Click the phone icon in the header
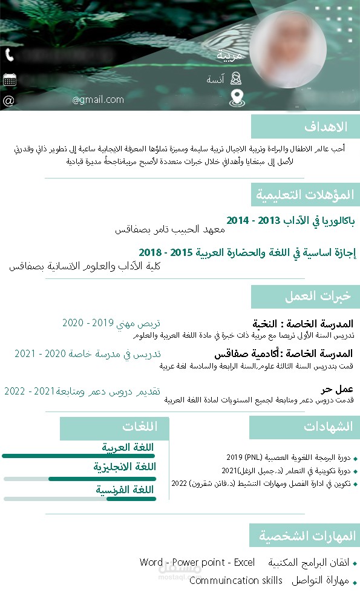9,55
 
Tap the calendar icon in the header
9,79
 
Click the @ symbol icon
8,100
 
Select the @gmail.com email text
98,100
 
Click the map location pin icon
237,98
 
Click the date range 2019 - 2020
89,323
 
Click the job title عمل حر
337,389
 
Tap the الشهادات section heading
328,427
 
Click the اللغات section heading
139,427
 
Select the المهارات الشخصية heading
307,536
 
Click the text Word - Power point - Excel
197,562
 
